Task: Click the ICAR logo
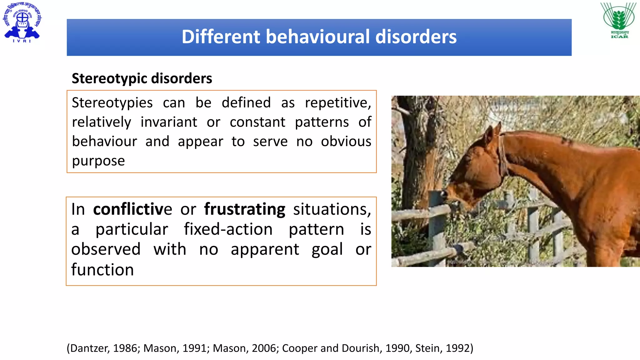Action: point(619,20)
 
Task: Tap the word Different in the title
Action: point(221,37)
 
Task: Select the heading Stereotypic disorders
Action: point(142,78)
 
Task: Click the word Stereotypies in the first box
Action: point(112,103)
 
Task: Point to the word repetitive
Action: point(338,103)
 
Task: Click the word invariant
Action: point(169,122)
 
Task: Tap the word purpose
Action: point(98,161)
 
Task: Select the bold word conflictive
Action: point(132,209)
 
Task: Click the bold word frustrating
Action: point(244,209)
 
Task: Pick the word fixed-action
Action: point(228,229)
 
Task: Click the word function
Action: point(102,270)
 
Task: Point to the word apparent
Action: point(265,249)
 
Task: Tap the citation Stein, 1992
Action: point(443,348)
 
